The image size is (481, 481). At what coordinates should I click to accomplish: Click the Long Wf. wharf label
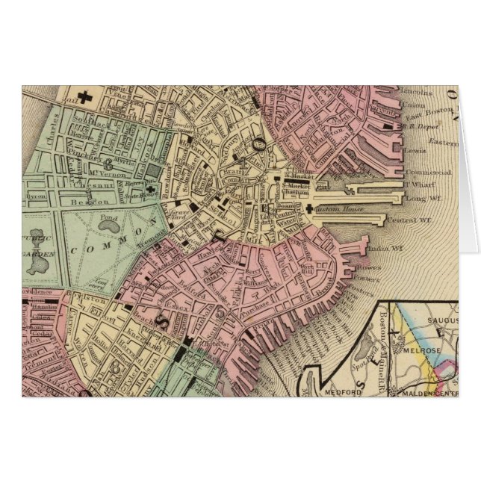tap(421, 198)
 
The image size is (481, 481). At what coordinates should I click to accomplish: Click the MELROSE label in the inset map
tap(420, 349)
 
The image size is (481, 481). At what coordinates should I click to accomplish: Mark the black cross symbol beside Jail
tap(87, 96)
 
